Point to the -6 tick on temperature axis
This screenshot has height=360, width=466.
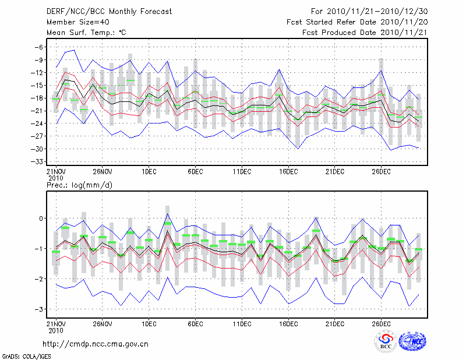click(x=39, y=47)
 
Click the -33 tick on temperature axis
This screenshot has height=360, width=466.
click(x=37, y=161)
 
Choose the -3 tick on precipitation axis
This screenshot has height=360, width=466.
click(x=40, y=309)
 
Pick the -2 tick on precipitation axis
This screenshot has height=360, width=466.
click(x=40, y=279)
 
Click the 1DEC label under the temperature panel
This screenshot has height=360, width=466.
click(x=149, y=171)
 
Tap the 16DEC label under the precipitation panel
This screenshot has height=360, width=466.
click(x=288, y=323)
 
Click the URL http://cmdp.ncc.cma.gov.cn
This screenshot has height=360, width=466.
click(x=96, y=344)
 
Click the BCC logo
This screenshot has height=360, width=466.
click(x=386, y=343)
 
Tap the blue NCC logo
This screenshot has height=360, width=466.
click(x=412, y=342)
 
